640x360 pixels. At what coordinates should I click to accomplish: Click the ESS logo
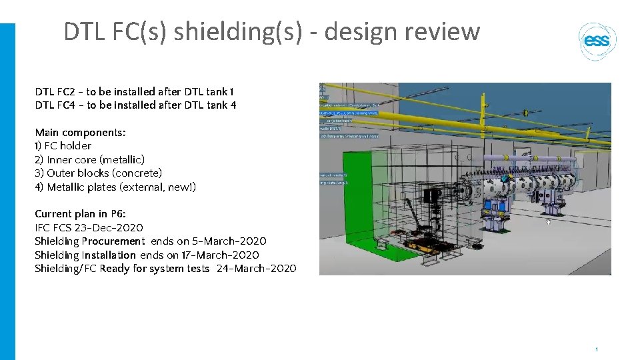pyautogui.click(x=597, y=41)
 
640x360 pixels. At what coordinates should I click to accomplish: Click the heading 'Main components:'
pyautogui.click(x=80, y=133)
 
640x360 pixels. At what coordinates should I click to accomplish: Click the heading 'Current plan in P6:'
pyautogui.click(x=80, y=214)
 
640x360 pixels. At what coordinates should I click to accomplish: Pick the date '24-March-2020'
pyautogui.click(x=257, y=269)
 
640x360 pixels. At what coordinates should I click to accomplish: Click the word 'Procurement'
pyautogui.click(x=113, y=241)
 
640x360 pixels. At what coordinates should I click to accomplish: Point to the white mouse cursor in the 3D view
pyautogui.click(x=548, y=223)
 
